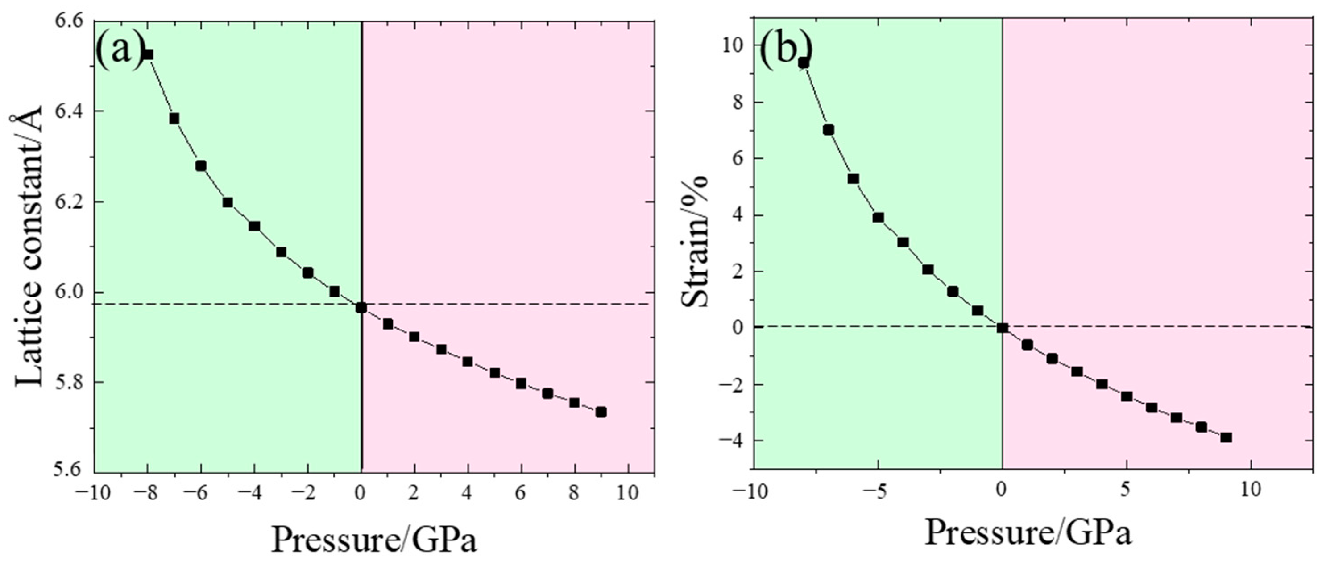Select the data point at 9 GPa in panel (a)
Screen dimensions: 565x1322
(x=601, y=412)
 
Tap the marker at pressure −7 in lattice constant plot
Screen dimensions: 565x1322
(x=174, y=119)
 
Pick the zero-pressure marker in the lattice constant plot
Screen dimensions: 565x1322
(x=361, y=308)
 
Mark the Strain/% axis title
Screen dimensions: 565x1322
(x=696, y=241)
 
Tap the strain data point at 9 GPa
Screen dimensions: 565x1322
(x=1226, y=437)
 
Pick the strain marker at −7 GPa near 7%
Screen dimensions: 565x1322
(x=828, y=130)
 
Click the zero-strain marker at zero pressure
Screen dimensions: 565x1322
(x=1002, y=328)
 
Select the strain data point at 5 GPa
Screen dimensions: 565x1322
(x=1127, y=396)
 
